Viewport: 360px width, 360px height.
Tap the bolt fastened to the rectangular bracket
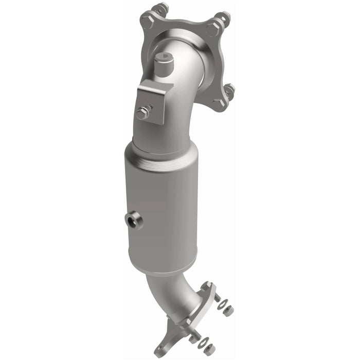pyautogui.click(x=143, y=113)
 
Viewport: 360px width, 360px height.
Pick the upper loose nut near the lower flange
pyautogui.click(x=228, y=311)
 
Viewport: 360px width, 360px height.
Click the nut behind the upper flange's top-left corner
pyautogui.click(x=161, y=9)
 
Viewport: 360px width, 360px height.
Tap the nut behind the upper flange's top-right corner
pyautogui.click(x=225, y=18)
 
